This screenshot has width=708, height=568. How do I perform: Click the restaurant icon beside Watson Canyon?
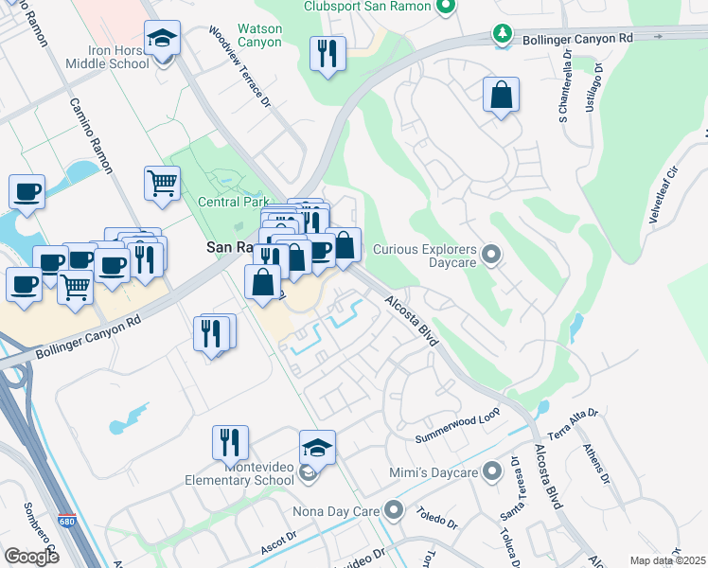[327, 54]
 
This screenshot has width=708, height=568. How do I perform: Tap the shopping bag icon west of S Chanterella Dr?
[500, 96]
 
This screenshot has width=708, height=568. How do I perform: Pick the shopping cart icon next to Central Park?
[163, 183]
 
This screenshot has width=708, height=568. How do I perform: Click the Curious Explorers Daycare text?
[424, 250]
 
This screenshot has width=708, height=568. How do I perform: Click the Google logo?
[31, 556]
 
